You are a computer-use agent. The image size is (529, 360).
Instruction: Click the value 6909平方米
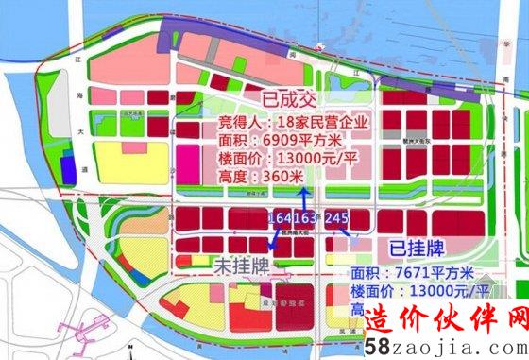282,139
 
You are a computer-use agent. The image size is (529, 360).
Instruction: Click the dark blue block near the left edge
68,170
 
